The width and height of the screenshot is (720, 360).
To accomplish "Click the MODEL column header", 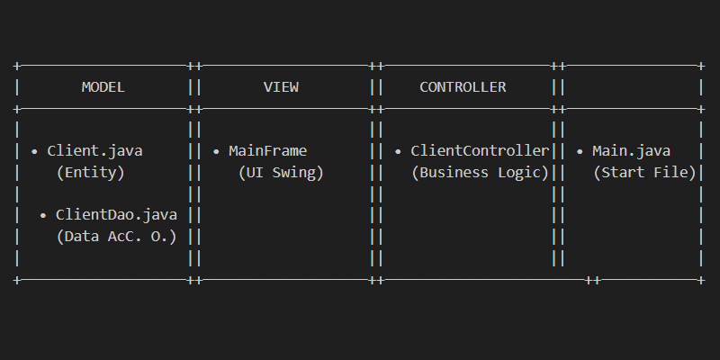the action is (x=103, y=86).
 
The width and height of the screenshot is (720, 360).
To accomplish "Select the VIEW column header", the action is (x=281, y=86).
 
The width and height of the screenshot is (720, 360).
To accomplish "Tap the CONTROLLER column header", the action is (x=463, y=86).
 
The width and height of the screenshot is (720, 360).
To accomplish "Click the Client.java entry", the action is (x=94, y=150).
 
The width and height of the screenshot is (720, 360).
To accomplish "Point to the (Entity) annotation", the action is (x=91, y=173).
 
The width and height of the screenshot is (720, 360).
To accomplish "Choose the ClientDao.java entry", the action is (x=116, y=214).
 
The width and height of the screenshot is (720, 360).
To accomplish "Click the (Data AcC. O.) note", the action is (x=116, y=237).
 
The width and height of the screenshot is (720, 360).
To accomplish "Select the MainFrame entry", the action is (x=267, y=150).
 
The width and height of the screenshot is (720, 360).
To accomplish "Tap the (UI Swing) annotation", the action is (x=281, y=173).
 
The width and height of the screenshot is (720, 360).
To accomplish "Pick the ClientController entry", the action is (x=480, y=150).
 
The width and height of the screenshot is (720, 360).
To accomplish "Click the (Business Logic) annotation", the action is (x=480, y=173).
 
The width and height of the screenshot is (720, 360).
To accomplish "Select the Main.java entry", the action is (x=632, y=150).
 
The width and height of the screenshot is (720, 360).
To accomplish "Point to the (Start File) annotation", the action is (x=644, y=173).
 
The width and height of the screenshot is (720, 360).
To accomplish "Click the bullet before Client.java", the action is (x=34, y=151).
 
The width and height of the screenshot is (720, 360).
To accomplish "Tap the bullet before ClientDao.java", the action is (x=43, y=215).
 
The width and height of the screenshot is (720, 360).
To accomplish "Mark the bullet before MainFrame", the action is (x=216, y=151).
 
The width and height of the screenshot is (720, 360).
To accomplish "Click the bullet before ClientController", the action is (x=398, y=151).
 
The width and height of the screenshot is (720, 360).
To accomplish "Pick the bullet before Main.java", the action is (x=580, y=151).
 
